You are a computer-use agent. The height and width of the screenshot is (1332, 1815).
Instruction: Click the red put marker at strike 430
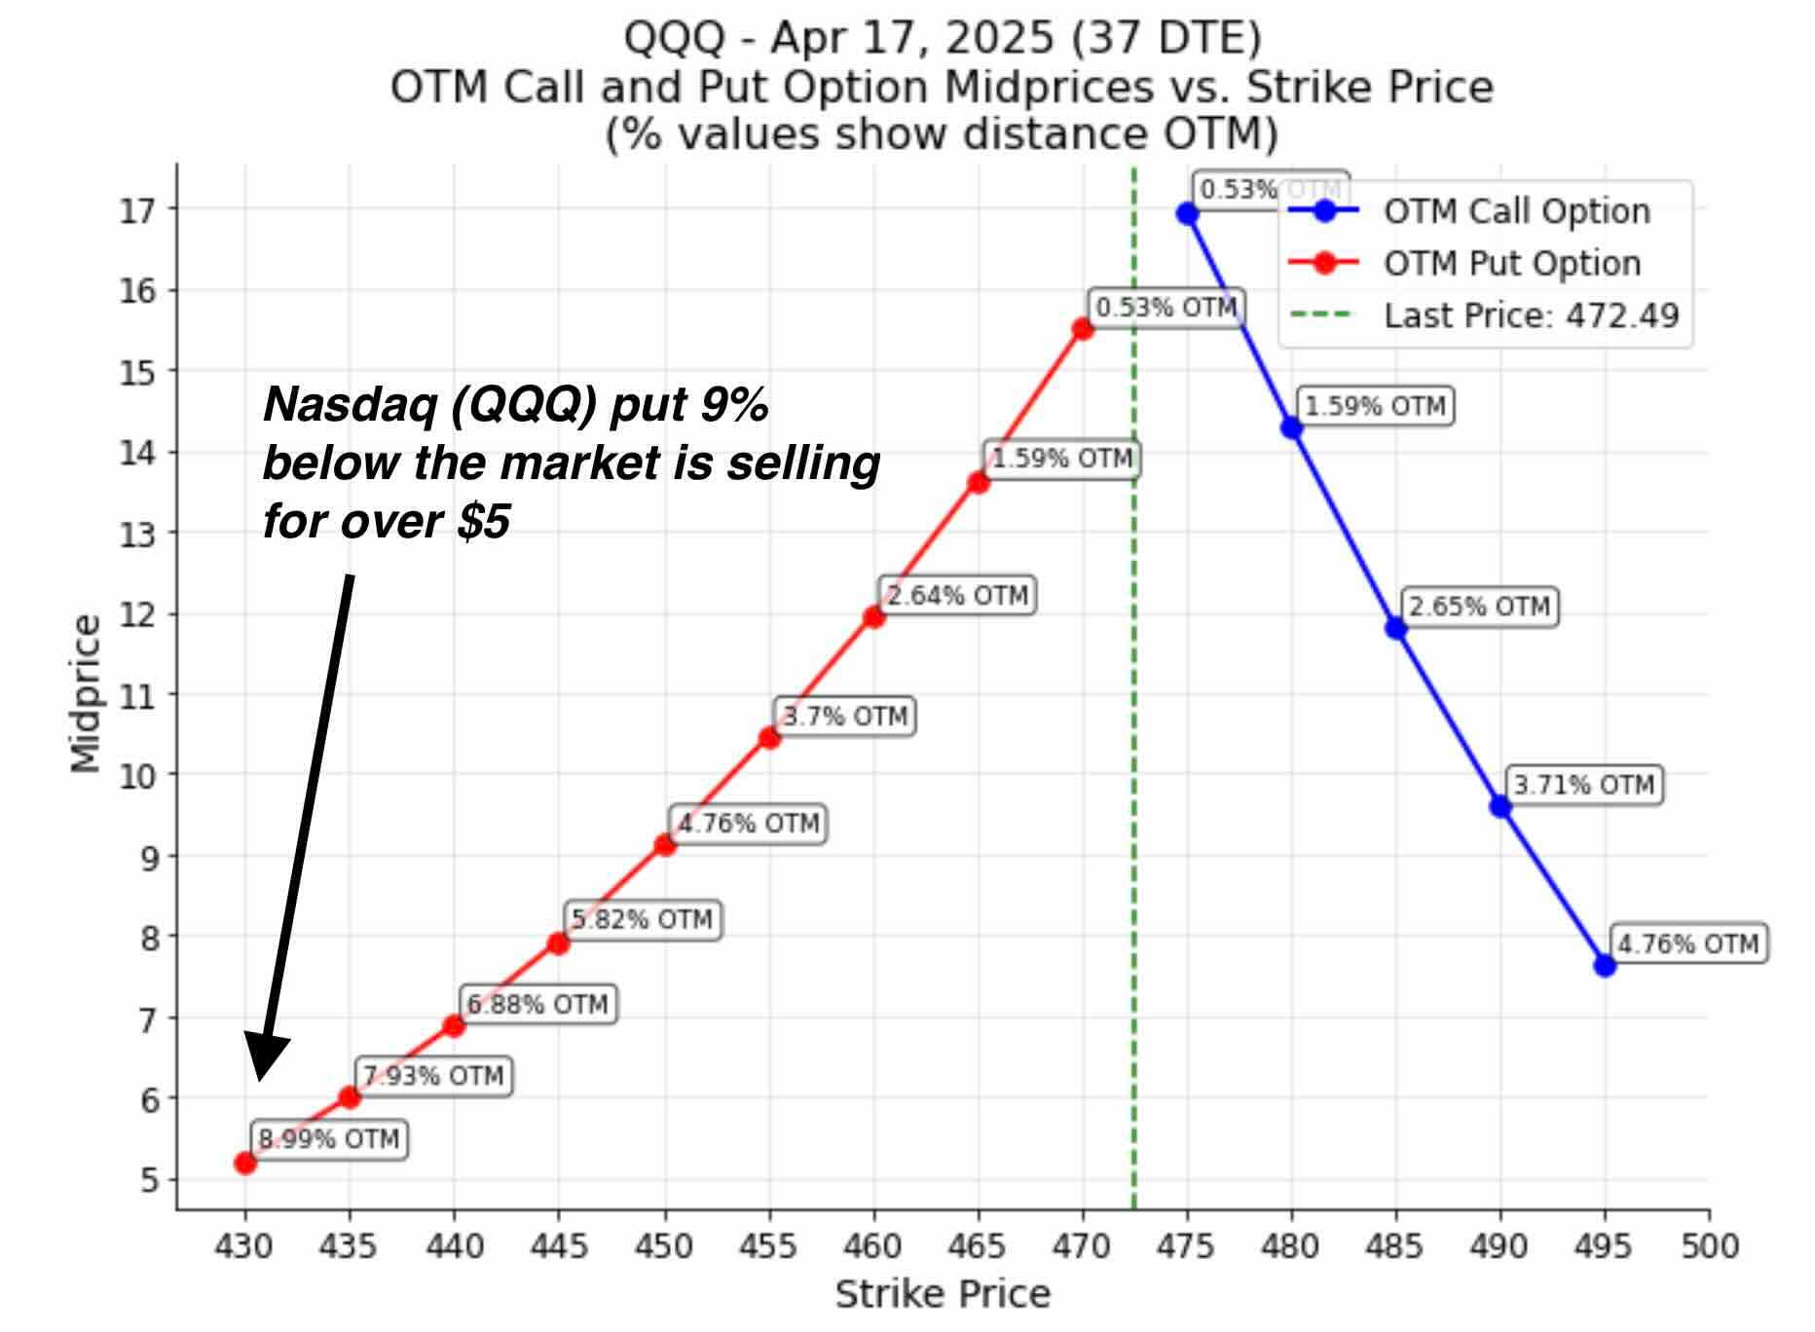245,1162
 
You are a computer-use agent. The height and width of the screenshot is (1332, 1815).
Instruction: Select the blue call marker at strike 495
1605,965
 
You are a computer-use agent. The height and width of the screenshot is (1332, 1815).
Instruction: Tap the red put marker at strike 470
1083,329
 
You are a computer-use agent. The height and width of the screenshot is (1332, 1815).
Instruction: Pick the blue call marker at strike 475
1187,213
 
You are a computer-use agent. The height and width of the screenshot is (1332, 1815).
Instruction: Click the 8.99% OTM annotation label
329,1139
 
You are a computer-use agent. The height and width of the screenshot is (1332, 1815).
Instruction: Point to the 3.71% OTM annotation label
1583,785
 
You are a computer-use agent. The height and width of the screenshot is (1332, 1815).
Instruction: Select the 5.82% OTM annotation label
642,919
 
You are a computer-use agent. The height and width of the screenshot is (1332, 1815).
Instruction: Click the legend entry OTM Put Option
1511,263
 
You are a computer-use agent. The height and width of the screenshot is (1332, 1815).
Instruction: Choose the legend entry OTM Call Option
1516,211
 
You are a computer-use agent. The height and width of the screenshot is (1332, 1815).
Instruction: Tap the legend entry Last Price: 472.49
1531,315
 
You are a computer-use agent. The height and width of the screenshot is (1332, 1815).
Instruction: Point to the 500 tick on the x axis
1709,1246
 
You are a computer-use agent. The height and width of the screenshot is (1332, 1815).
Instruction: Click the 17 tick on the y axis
137,210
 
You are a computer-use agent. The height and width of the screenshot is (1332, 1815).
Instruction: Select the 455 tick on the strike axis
768,1246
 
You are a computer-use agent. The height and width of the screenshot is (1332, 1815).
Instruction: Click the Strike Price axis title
943,1294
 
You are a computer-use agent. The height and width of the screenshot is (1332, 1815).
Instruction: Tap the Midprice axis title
86,693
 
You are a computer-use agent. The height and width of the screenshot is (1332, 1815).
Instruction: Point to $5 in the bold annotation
484,522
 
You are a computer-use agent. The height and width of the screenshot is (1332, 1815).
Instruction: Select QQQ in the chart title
674,39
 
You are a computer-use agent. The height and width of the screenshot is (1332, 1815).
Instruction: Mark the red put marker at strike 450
665,844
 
